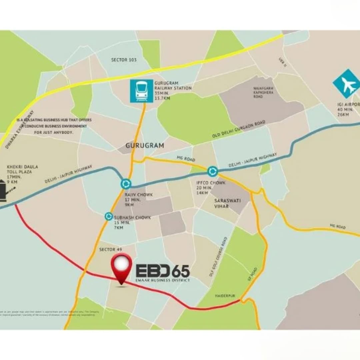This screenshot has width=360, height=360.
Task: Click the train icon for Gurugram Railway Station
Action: click(x=142, y=91)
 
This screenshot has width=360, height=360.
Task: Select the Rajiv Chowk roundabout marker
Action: click(x=126, y=184)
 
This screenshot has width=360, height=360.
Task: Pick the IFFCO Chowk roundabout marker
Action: click(x=212, y=172)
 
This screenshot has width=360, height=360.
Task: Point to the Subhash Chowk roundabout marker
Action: click(x=109, y=216)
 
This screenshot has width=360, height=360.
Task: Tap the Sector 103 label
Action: click(x=124, y=60)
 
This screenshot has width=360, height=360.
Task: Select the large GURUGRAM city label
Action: click(x=145, y=146)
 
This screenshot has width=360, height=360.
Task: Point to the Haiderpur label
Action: click(x=225, y=296)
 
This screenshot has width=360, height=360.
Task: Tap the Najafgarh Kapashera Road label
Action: click(x=263, y=92)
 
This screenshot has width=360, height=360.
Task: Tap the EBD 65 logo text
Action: click(x=163, y=271)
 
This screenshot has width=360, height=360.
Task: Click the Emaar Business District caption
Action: click(x=163, y=280)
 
